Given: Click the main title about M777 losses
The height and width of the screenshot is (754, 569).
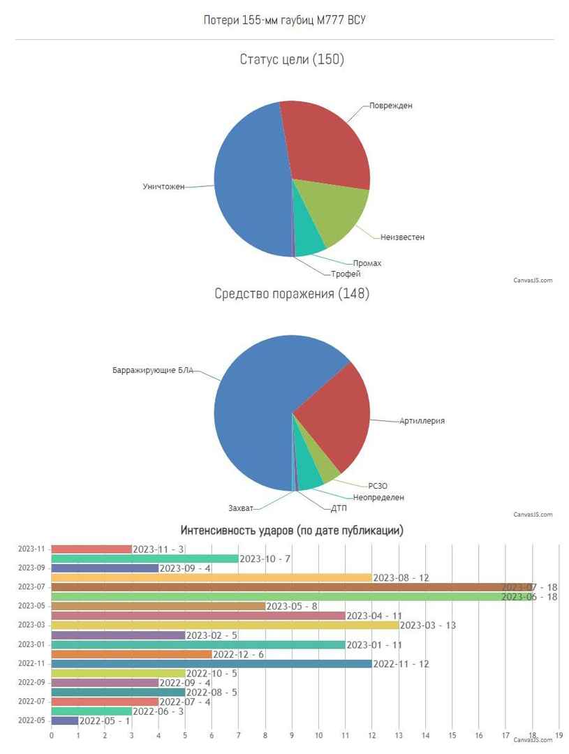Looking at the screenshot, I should (x=284, y=20).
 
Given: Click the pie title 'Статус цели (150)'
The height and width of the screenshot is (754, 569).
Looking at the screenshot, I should (x=292, y=59).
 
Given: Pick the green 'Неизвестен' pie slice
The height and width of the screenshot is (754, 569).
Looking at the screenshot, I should (x=332, y=209).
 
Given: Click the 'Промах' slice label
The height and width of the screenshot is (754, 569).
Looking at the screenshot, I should (x=367, y=263).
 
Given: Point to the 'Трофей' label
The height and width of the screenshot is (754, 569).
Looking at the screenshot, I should (x=346, y=274).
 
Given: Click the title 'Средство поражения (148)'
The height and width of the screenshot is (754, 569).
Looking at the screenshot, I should (x=292, y=294).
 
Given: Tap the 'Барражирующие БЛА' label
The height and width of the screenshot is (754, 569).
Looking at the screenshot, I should (x=153, y=369).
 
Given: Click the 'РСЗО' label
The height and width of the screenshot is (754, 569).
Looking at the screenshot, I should (x=378, y=486).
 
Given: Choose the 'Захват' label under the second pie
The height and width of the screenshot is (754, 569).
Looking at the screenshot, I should (x=241, y=508).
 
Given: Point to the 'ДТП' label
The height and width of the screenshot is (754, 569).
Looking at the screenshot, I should (x=339, y=508).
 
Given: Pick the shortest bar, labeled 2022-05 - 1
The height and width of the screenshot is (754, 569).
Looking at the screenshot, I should (x=64, y=720).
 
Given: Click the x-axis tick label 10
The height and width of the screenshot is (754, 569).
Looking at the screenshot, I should (x=318, y=735).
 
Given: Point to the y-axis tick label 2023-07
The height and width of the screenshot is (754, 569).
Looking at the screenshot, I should (x=31, y=587).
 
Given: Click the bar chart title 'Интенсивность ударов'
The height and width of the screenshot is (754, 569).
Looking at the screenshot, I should (x=292, y=531).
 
